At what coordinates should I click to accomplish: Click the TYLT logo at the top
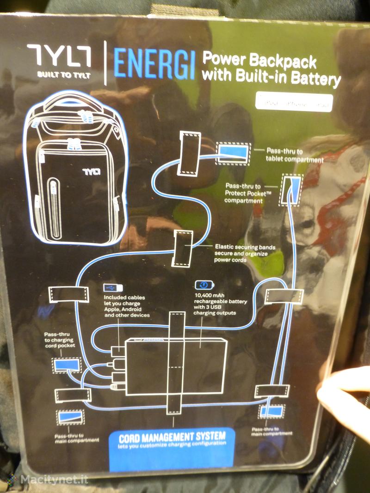point(58,56)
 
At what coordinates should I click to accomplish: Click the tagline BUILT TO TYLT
point(58,75)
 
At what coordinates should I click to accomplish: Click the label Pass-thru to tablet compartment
point(295,155)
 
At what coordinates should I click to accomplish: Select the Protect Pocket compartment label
point(248,193)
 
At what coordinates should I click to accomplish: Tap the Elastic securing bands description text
point(245,254)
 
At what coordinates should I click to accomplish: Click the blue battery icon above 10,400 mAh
point(201,285)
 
